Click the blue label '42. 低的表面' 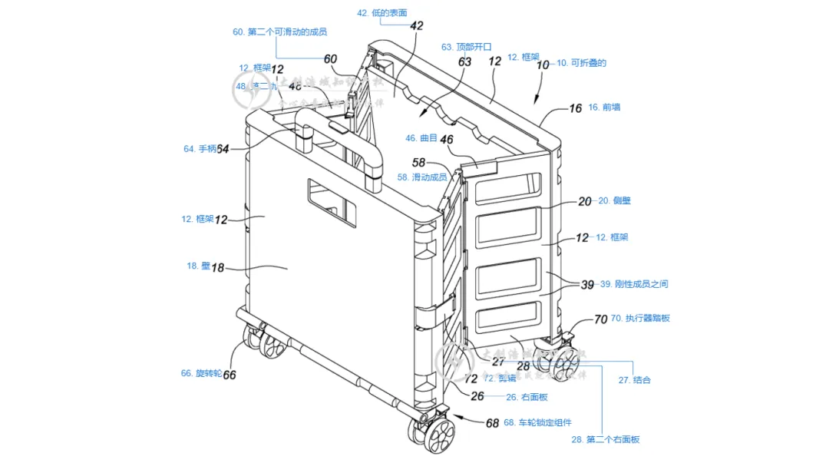[x=382, y=13]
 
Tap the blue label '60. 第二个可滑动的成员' [x=280, y=32]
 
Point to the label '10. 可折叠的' [x=581, y=63]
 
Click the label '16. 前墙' [x=604, y=107]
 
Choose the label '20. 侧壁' [x=615, y=200]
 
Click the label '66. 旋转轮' [x=201, y=373]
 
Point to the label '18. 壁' [x=198, y=266]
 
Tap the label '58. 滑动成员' [x=422, y=177]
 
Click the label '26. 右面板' [x=527, y=397]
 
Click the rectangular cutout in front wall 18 [x=332, y=203]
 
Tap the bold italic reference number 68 [x=492, y=422]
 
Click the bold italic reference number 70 [x=600, y=319]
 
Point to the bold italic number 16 [x=575, y=108]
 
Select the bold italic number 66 [x=229, y=375]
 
